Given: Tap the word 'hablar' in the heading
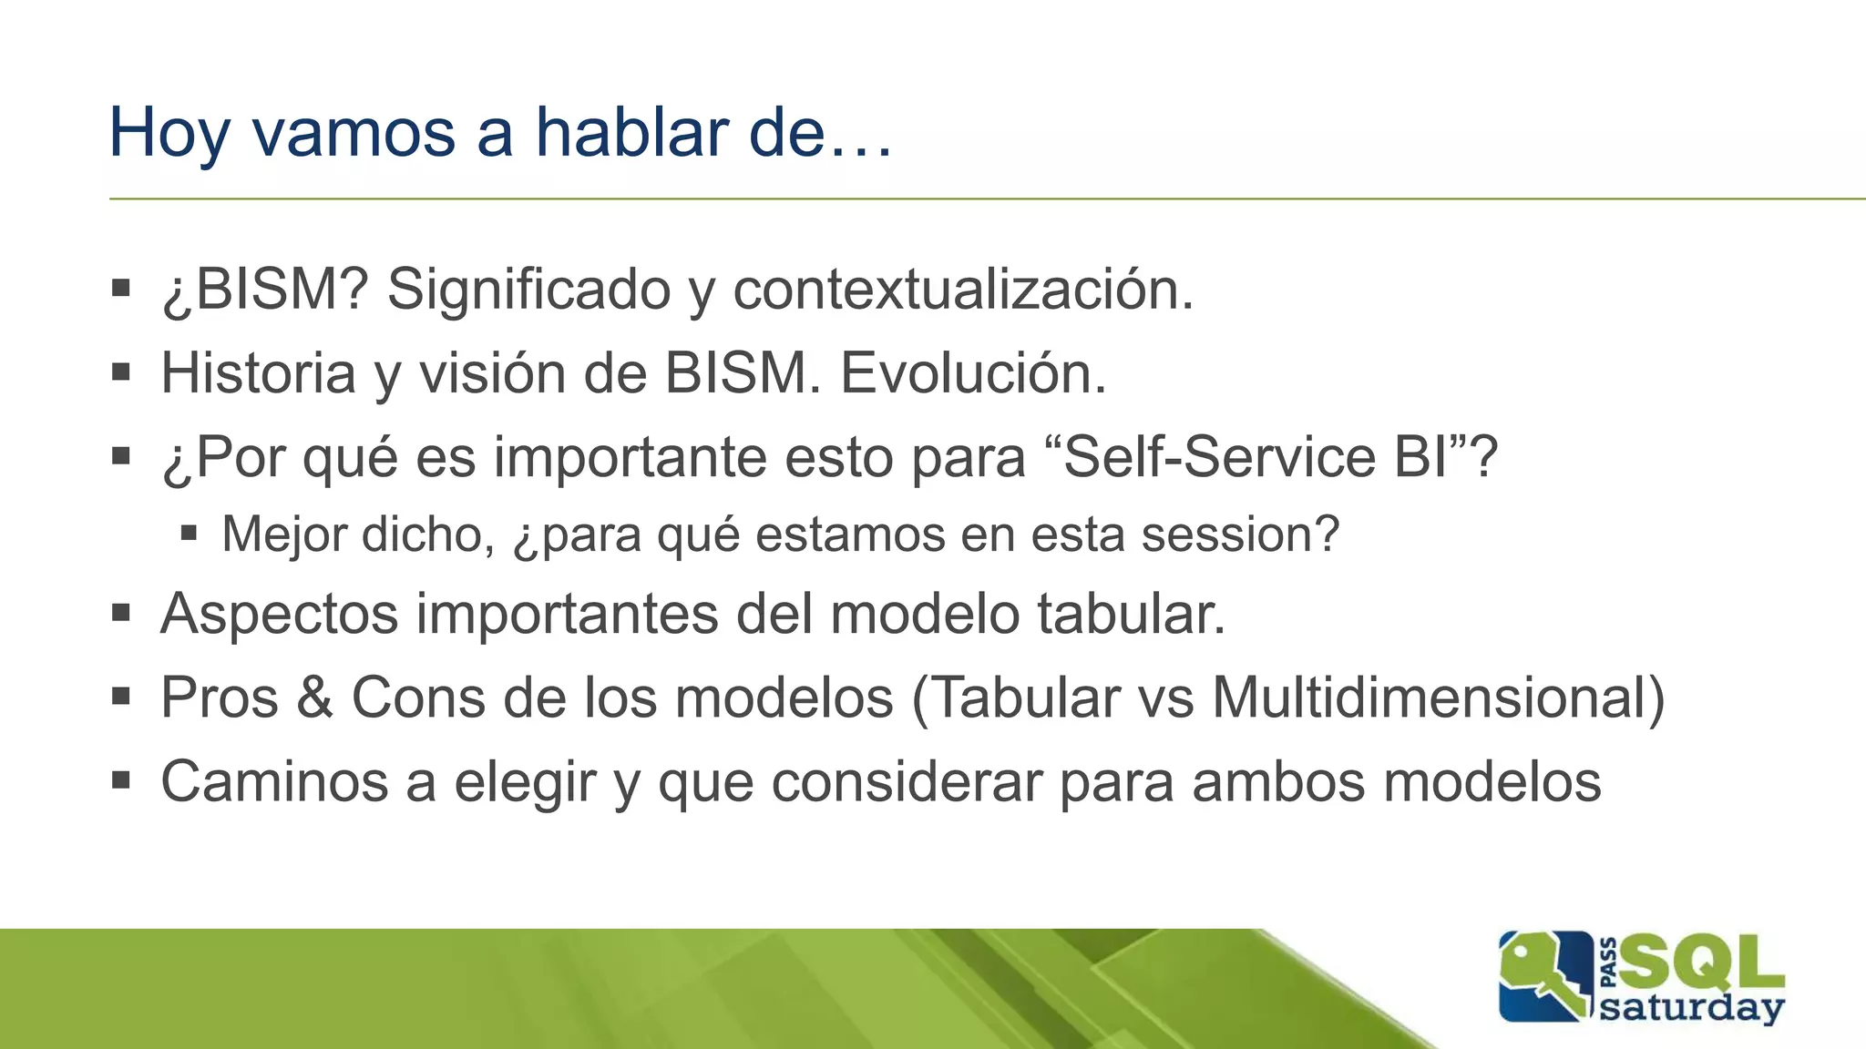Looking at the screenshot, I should (631, 133).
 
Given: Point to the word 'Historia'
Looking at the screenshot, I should (258, 373).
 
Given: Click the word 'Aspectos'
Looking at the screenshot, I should (279, 615).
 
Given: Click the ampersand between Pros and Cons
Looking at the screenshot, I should (314, 698).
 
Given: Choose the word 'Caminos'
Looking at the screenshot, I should (282, 782).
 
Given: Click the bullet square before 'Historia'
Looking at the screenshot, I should (121, 372).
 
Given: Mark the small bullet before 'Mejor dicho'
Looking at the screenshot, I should (189, 533).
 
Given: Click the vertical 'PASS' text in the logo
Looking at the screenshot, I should (1608, 962).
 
